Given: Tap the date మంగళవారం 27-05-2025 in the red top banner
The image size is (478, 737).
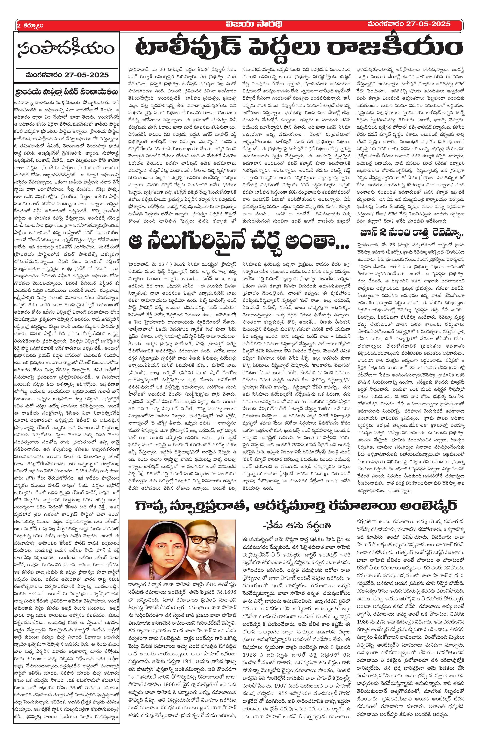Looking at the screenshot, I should (409, 24).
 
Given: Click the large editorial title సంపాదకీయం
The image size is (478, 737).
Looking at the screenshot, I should (66, 49).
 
